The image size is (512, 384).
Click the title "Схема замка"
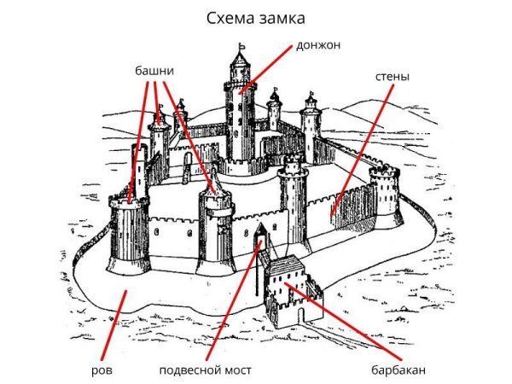click(x=256, y=17)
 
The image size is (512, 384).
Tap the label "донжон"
click(x=317, y=44)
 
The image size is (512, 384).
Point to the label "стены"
click(x=392, y=77)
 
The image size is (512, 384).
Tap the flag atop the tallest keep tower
click(x=242, y=48)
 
